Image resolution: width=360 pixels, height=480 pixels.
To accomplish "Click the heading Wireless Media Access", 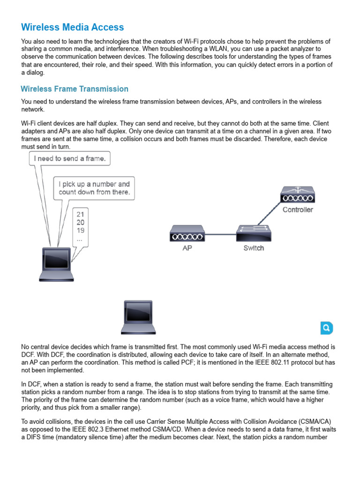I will pos(73,27).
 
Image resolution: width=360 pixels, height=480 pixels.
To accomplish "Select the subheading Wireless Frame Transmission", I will pos(75,89).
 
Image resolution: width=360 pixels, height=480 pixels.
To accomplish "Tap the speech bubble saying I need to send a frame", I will pos(70,158).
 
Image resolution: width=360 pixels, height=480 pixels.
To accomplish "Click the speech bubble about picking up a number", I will pos(94,188).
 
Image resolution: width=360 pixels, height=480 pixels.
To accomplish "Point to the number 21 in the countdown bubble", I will pos(80,214).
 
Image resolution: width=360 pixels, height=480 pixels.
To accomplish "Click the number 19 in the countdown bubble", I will pos(80,230).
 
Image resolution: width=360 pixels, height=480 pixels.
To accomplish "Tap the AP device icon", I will pos(187,233).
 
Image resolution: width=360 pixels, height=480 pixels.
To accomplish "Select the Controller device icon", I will pos(298,195).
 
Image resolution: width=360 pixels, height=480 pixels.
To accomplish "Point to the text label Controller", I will pos(298,210).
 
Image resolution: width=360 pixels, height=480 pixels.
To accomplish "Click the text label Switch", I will pos(254,248).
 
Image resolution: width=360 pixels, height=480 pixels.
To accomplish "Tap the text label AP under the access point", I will pos(187,248).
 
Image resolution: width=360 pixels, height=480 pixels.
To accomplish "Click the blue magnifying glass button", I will pos(327,328).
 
